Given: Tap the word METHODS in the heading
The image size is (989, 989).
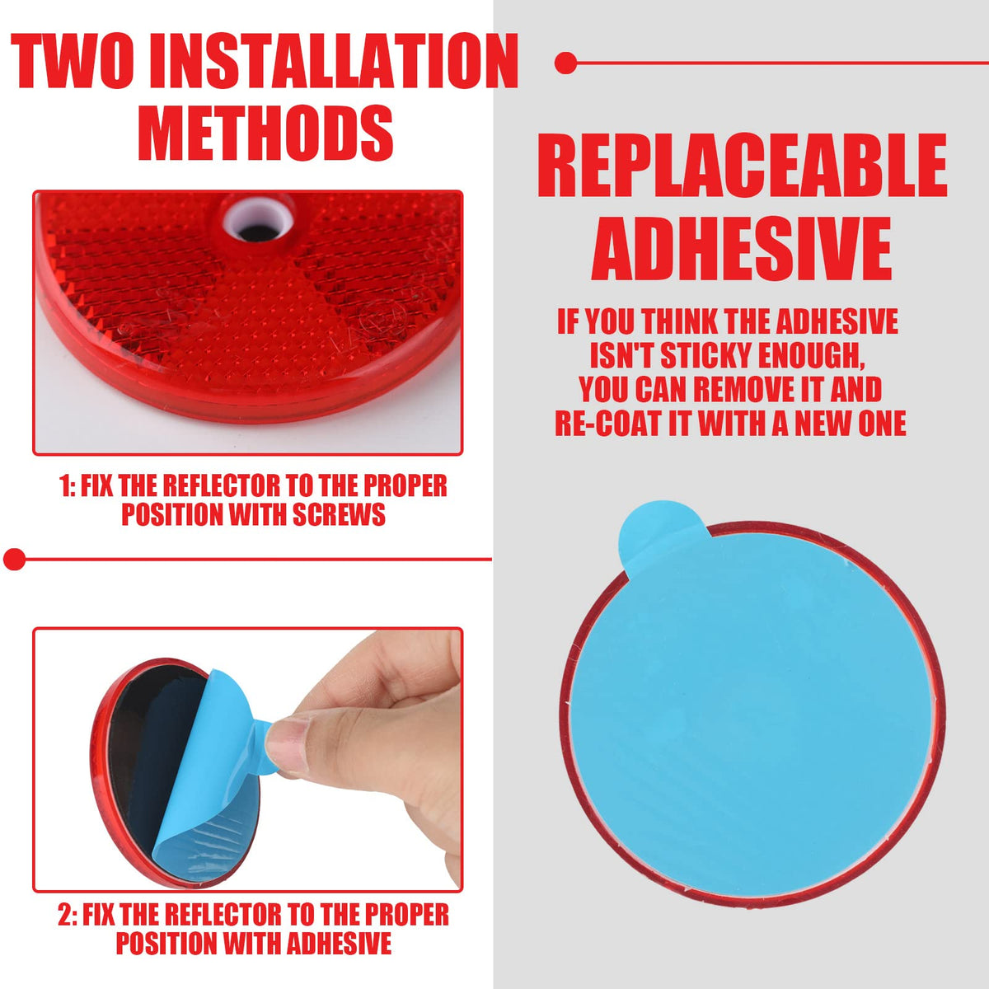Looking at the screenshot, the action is (x=265, y=132).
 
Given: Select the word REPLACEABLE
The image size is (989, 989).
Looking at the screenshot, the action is (x=742, y=165).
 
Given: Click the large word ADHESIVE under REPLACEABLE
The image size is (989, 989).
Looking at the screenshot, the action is (x=742, y=248).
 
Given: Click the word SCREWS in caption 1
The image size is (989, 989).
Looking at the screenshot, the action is (x=339, y=514).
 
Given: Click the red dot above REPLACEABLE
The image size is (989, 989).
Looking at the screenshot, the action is (x=565, y=63).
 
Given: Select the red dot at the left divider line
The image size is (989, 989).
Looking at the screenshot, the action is (x=14, y=559).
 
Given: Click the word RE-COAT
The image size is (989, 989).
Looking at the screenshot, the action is (x=608, y=424).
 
